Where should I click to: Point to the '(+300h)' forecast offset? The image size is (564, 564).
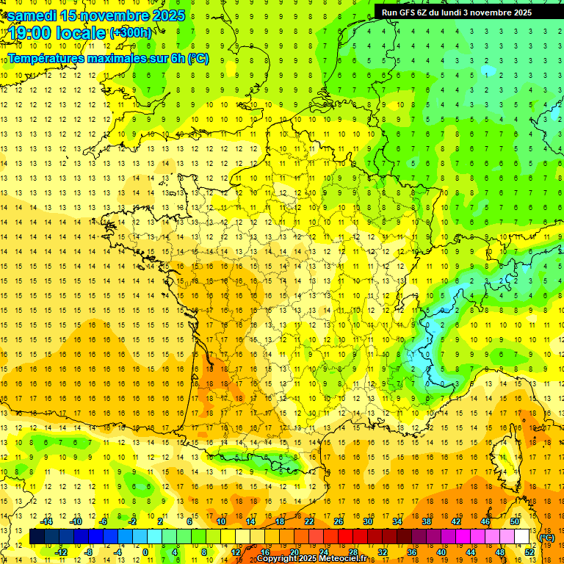(130, 33)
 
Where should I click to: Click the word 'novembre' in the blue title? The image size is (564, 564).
(113, 15)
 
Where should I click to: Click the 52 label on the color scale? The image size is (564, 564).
(529, 552)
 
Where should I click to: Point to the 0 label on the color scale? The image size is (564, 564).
(145, 552)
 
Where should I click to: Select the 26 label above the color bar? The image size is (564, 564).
(339, 521)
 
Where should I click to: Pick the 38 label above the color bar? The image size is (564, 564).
(426, 521)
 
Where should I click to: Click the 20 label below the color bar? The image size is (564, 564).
(294, 552)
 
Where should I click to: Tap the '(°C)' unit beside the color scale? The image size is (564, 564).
(547, 538)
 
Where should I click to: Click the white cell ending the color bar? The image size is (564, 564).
(522, 537)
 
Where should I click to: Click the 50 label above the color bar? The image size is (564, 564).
(515, 521)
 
